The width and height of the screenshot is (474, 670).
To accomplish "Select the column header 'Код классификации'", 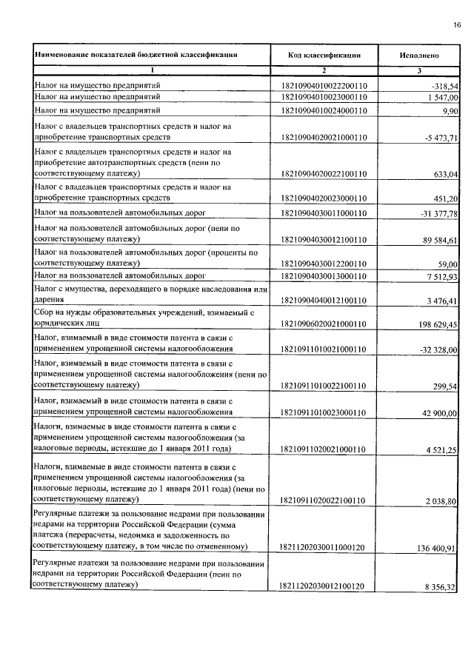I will point(324,54).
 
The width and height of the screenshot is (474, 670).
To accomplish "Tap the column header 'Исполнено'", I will point(419,54).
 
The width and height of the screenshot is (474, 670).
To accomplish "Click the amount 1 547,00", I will point(439,97).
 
